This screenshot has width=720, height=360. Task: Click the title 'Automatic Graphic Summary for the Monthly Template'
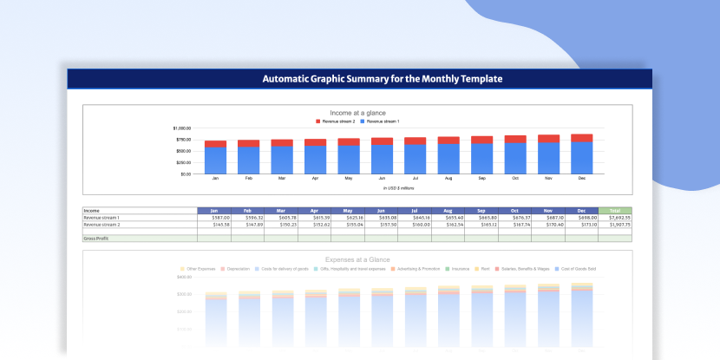383,79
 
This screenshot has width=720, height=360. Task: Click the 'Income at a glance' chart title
357,114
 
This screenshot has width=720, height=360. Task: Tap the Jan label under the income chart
215,179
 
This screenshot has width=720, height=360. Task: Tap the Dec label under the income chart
581,179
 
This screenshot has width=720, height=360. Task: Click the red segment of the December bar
581,138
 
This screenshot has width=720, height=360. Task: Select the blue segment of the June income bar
382,159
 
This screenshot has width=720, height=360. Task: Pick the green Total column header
615,211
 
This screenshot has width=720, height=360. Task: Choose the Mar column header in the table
281,211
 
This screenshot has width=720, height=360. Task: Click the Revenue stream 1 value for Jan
216,218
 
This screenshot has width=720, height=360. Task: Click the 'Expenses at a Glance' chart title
357,259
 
